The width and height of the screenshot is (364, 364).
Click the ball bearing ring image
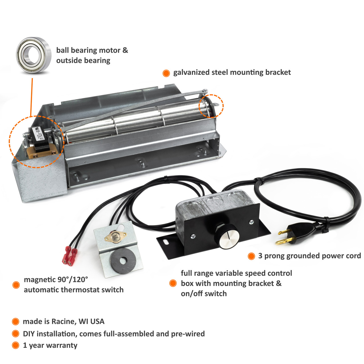pyautogui.click(x=33, y=54)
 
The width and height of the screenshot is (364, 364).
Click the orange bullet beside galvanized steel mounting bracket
pyautogui.click(x=166, y=73)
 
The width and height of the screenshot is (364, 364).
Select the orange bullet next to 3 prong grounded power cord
pyautogui.click(x=251, y=256)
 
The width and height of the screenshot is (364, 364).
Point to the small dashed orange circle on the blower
pyautogui.click(x=211, y=106)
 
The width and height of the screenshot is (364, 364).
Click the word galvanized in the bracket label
pyautogui.click(x=191, y=73)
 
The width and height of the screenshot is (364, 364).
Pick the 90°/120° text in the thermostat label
pyautogui.click(x=73, y=280)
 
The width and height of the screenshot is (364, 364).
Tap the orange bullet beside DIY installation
pyautogui.click(x=16, y=334)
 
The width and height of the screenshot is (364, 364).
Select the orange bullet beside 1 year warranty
pyautogui.click(x=16, y=345)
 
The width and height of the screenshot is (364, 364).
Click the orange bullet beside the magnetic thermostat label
pyautogui.click(x=16, y=285)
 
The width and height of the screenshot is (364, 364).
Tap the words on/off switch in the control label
pyautogui.click(x=204, y=293)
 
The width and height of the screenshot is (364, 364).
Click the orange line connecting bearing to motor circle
pyautogui.click(x=32, y=97)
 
